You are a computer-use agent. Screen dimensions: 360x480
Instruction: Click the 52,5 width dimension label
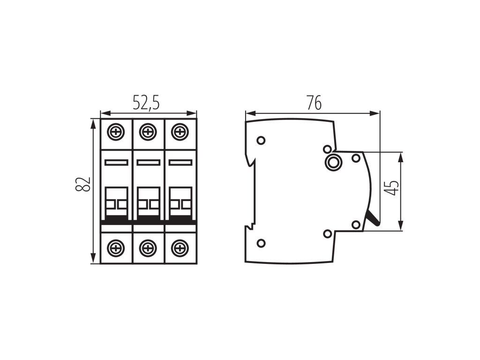pyautogui.click(x=146, y=103)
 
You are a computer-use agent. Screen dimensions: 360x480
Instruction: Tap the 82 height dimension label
pyautogui.click(x=83, y=184)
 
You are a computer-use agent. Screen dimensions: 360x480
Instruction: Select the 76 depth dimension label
pyautogui.click(x=314, y=103)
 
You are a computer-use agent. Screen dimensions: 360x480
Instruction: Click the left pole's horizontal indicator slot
pyautogui.click(x=117, y=162)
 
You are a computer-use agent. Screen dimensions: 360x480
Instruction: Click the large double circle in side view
pyautogui.click(x=333, y=162)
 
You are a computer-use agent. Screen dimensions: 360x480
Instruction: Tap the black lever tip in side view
pyautogui.click(x=373, y=218)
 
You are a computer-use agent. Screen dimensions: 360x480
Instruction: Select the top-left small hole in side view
pyautogui.click(x=261, y=140)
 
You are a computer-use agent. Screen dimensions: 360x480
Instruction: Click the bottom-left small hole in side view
pyautogui.click(x=262, y=242)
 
